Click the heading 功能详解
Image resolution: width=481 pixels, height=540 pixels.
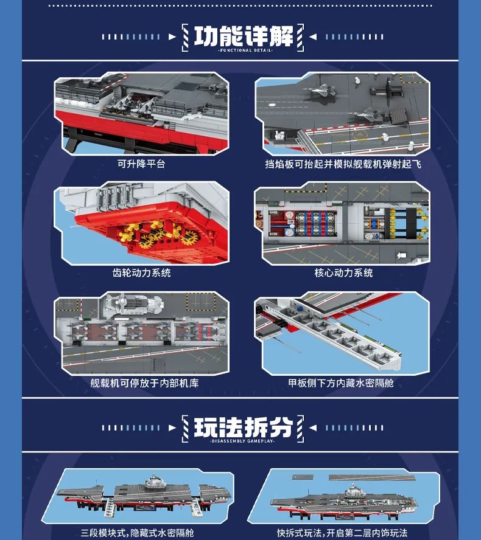(243, 36)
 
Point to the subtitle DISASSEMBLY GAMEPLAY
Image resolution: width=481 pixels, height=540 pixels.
(243, 441)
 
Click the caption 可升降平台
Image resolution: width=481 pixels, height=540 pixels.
(141, 164)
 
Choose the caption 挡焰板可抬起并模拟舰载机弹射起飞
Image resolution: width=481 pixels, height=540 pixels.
(343, 164)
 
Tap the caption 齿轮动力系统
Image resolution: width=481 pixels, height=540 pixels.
(141, 273)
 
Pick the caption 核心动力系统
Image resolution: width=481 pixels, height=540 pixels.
(343, 273)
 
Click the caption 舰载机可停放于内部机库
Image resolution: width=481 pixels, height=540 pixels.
(144, 383)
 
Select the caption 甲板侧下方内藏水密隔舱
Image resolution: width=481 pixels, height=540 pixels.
(341, 383)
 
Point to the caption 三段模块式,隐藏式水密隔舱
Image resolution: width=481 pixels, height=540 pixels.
(137, 533)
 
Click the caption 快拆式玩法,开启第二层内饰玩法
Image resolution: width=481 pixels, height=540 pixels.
(342, 533)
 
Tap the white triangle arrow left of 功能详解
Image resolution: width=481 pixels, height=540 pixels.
(172, 37)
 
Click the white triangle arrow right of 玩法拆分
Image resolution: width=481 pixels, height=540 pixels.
(313, 427)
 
